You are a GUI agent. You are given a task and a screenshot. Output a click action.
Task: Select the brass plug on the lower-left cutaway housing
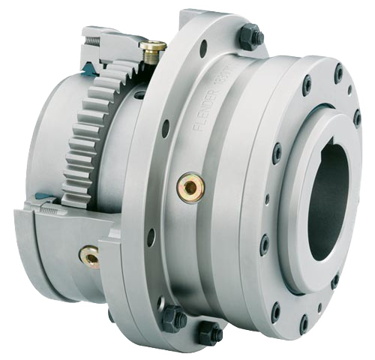click(90, 257)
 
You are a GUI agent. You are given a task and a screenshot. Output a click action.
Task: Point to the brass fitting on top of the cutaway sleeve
click(153, 50)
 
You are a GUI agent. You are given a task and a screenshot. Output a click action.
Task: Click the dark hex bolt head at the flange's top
click(250, 36)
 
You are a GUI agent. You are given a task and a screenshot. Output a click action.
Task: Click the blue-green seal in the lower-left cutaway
click(45, 199)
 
